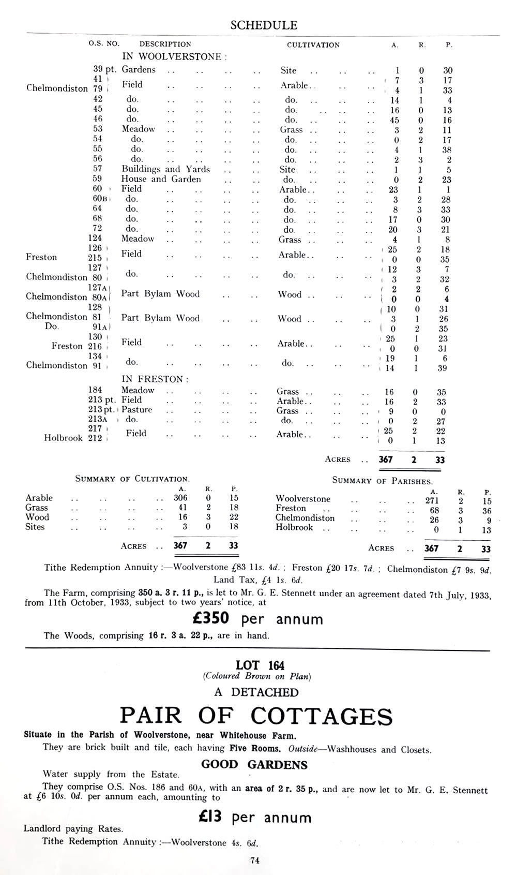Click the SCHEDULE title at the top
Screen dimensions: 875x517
(264, 25)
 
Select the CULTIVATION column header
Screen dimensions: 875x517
(313, 45)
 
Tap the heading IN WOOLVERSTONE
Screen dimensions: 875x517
(174, 56)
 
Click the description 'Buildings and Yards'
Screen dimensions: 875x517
(165, 169)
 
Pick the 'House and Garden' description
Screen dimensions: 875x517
(161, 179)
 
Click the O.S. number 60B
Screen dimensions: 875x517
(99, 199)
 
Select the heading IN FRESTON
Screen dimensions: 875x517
(155, 379)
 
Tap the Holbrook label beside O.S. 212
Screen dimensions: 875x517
(63, 438)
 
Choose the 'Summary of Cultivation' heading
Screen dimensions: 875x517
(132, 479)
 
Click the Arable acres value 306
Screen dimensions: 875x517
(180, 498)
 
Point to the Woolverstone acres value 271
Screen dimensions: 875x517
(432, 501)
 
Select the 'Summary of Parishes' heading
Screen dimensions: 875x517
(382, 481)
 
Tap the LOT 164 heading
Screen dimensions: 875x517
(260, 665)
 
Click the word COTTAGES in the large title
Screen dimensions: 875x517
(322, 716)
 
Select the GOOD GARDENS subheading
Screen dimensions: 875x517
(254, 765)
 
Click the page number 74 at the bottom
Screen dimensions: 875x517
(254, 861)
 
